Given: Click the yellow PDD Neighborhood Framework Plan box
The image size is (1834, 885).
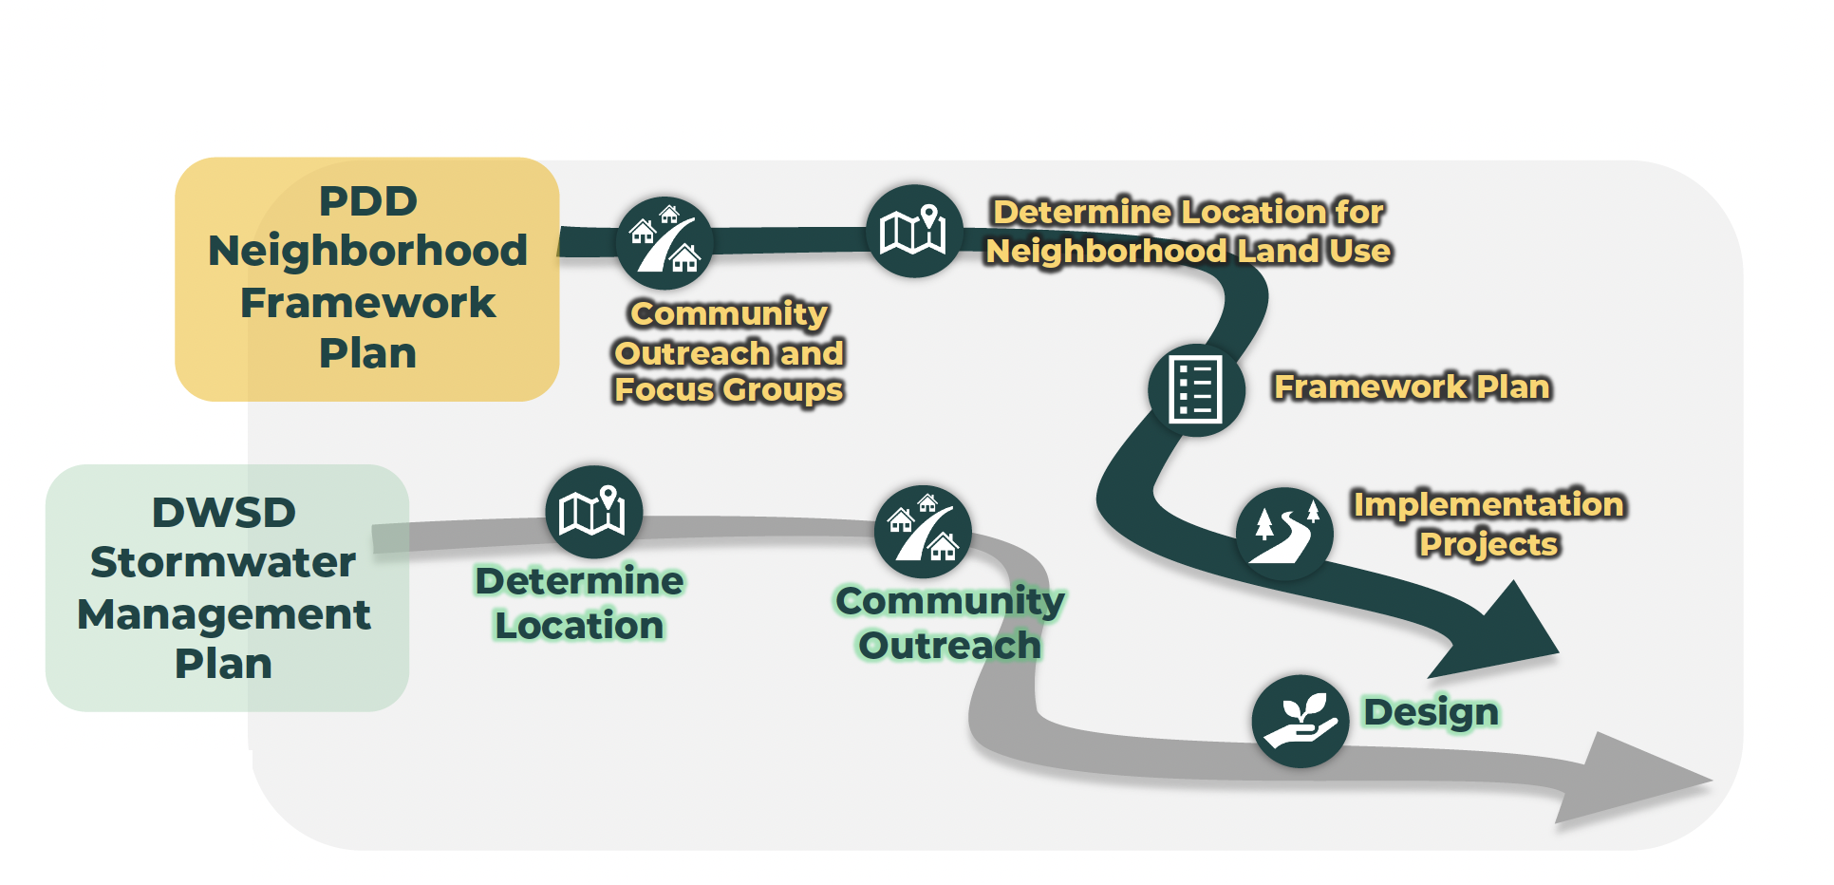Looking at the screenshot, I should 366,278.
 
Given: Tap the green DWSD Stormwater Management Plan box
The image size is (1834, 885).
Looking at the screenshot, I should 226,589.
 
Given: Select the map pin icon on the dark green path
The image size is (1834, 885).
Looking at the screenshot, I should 914,231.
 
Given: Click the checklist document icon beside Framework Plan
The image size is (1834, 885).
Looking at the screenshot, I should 1196,389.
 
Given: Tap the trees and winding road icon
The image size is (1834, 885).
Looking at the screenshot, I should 1284,534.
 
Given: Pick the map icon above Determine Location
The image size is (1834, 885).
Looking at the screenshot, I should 593,513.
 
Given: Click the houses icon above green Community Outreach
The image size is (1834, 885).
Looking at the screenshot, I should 923,533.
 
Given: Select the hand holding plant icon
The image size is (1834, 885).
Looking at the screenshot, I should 1300,721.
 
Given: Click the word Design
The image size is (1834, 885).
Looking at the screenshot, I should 1431,712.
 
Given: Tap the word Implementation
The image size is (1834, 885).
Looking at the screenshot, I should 1488,504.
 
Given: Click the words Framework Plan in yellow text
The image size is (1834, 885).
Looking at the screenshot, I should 1412,386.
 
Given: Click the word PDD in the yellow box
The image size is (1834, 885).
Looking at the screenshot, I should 367,201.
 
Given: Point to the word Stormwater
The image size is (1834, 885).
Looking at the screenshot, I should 223,562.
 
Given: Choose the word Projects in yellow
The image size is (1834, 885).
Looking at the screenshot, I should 1488,544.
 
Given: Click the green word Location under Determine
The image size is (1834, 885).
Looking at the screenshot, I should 579,626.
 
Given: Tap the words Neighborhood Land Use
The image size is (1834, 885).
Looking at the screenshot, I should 1188,251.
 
